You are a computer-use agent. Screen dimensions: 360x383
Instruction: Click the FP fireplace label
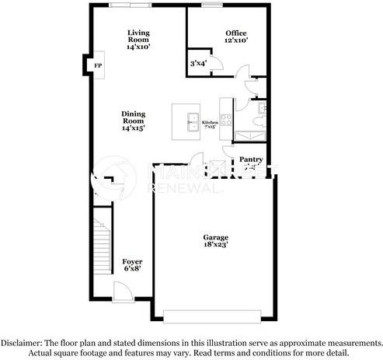tap(98, 66)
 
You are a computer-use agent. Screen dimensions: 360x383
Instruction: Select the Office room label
tap(236, 33)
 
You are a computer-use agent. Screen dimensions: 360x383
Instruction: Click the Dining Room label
tap(133, 118)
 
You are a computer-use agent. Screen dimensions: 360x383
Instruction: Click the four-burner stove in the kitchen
tap(226, 121)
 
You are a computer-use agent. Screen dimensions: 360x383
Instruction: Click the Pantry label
tap(251, 159)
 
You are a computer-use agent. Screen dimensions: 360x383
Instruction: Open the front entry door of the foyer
tap(123, 293)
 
